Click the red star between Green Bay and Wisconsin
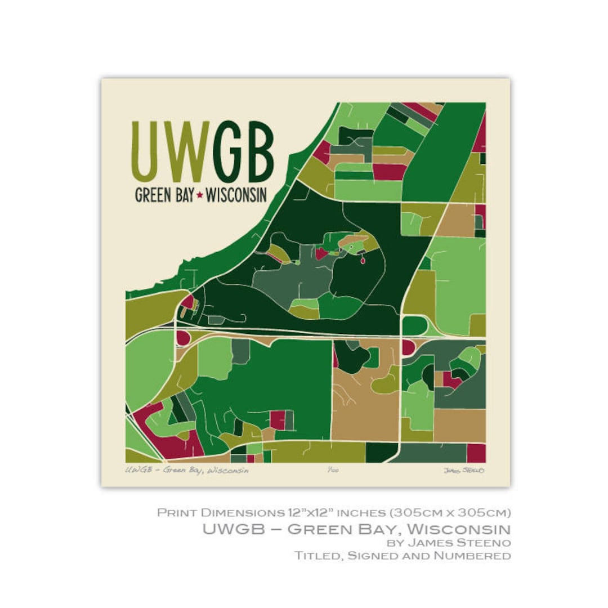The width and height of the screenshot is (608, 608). [199, 195]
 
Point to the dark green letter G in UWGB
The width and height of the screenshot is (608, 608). [228, 150]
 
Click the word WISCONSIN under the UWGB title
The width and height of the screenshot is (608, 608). [236, 195]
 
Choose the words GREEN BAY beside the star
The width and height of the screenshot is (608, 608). [164, 195]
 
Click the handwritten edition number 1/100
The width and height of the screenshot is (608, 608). [333, 470]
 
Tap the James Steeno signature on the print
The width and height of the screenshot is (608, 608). [464, 470]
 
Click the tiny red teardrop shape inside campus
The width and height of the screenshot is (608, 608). [361, 260]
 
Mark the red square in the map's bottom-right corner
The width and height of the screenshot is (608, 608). [476, 453]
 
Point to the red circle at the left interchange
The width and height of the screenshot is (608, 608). [183, 338]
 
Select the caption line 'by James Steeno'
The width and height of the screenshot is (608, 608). [449, 543]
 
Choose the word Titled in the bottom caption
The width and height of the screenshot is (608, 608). [314, 556]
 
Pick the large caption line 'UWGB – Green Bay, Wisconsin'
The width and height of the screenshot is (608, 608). [356, 529]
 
